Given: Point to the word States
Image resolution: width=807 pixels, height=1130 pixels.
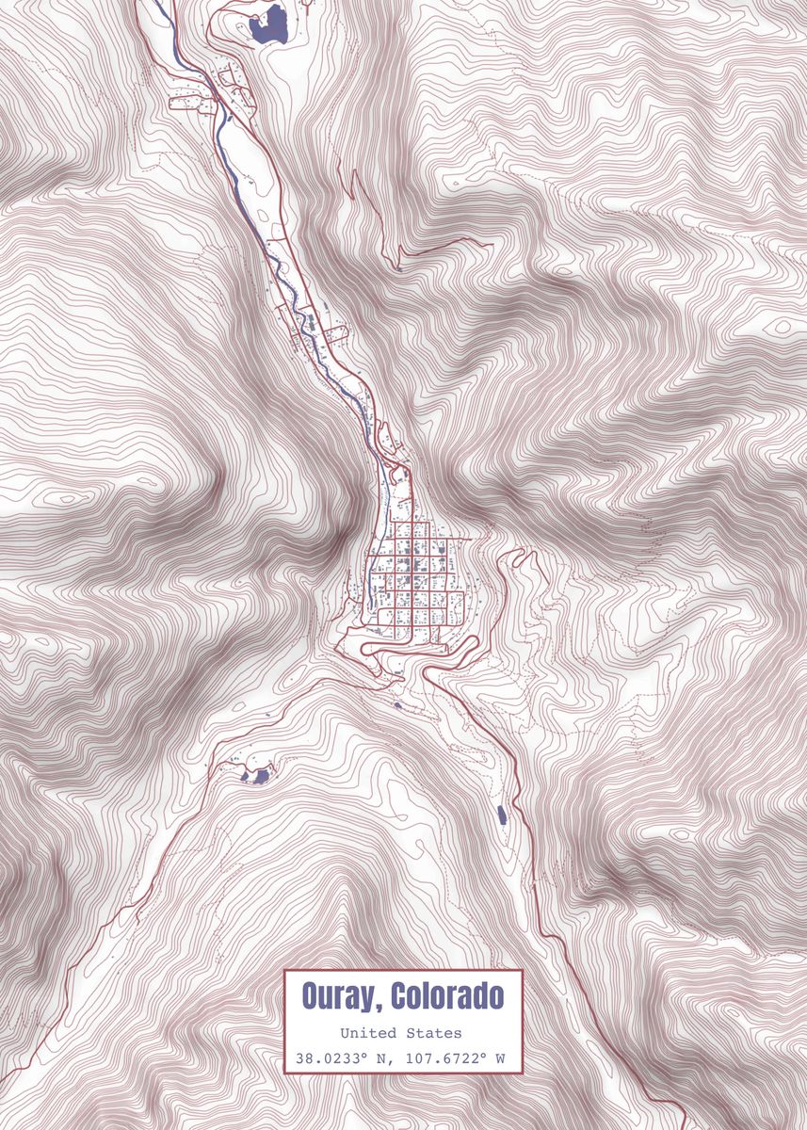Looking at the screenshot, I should [x=436, y=1034].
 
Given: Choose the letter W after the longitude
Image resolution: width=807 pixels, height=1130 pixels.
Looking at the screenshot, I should [x=501, y=1058].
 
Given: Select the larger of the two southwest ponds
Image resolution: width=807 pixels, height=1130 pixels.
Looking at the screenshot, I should [x=259, y=776].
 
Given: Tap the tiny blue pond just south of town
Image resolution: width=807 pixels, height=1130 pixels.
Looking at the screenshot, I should [x=397, y=704].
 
